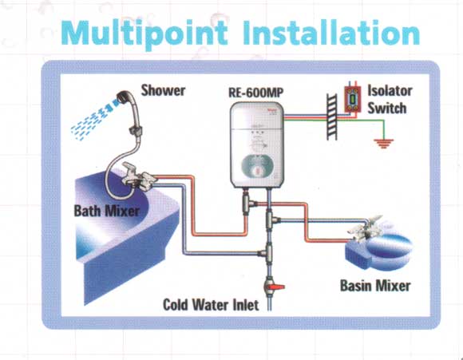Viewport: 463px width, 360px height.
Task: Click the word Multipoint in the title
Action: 144,33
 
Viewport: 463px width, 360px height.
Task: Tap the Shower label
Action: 163,90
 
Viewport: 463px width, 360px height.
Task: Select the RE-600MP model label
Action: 255,93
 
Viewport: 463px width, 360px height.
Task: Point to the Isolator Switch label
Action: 390,100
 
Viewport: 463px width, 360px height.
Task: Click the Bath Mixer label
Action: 107,211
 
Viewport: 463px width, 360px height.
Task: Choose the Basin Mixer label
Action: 375,286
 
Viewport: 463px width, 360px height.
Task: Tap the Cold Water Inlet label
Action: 211,304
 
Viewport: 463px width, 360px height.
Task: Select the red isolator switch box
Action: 352,100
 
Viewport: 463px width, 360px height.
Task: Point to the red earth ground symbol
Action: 383,143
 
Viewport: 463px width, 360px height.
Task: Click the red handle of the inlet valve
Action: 278,287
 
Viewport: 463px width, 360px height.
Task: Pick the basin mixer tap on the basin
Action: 365,228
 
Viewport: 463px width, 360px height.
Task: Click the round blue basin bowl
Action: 390,247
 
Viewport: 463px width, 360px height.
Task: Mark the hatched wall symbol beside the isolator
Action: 331,117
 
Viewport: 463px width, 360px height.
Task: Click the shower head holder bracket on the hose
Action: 136,130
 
